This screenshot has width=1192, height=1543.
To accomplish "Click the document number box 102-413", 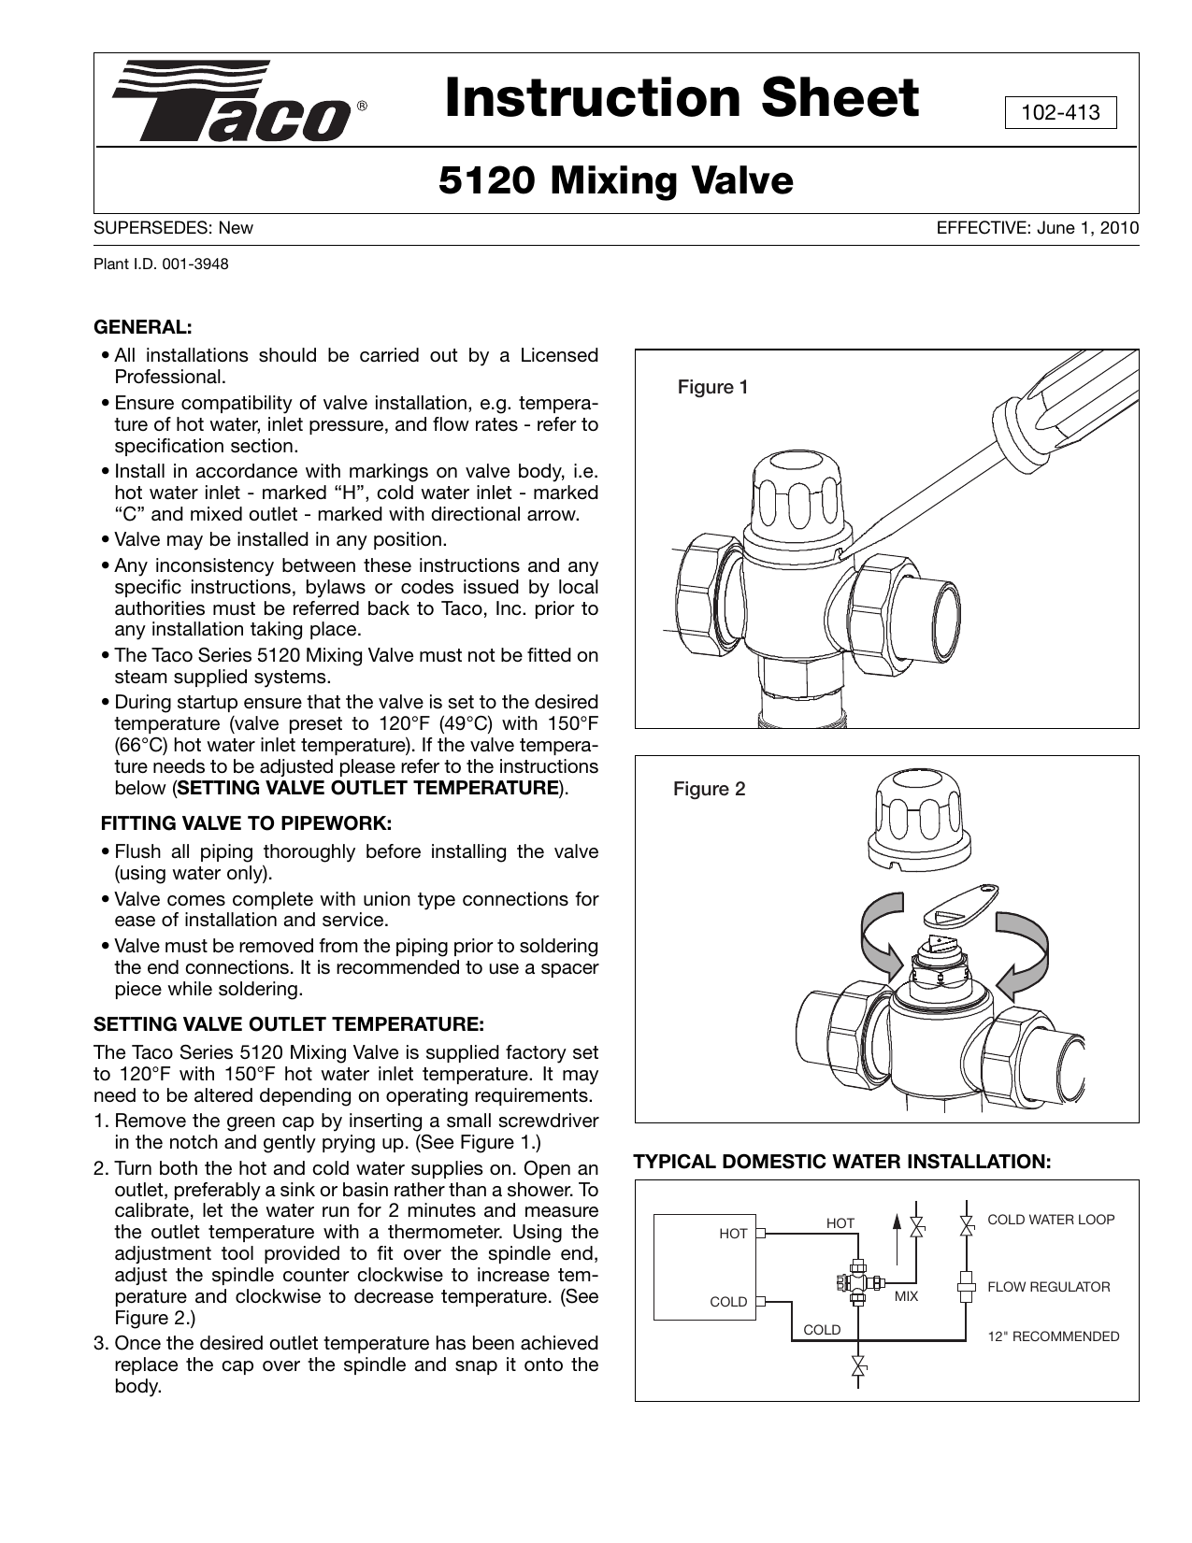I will pyautogui.click(x=1060, y=113).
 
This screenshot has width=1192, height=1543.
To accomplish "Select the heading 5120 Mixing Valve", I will pyautogui.click(x=615, y=180).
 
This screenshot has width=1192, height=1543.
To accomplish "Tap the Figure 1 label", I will pyautogui.click(x=712, y=387).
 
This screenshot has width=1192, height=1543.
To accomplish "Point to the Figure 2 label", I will pyautogui.click(x=710, y=789).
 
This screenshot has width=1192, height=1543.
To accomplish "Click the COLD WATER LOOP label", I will pyautogui.click(x=1051, y=1220).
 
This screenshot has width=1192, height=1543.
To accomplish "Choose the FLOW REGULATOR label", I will pyautogui.click(x=1049, y=1287).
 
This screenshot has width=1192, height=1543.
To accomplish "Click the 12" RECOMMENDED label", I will pyautogui.click(x=1054, y=1336).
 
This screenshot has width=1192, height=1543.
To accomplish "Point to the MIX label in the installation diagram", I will pyautogui.click(x=906, y=1296).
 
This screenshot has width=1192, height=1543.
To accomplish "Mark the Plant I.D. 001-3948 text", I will pyautogui.click(x=160, y=264).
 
